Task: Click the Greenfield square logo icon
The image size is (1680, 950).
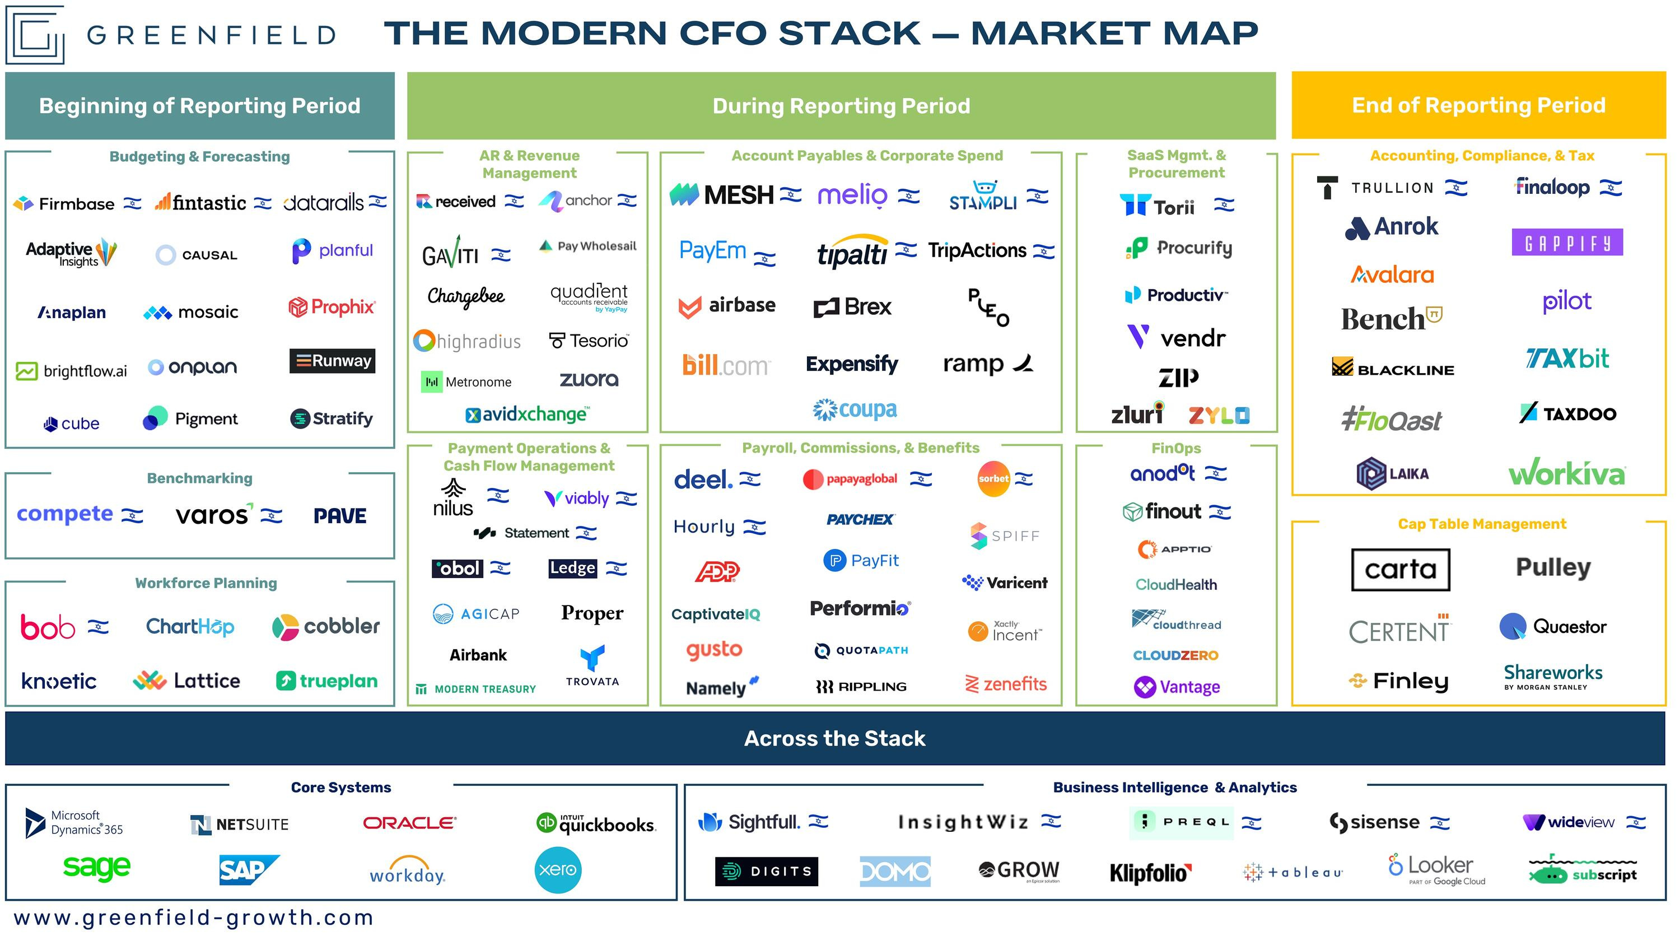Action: coord(35,34)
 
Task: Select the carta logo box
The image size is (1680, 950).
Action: coord(1400,570)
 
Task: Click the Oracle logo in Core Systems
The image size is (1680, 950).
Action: coord(409,823)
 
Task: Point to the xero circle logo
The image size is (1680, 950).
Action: coord(558,870)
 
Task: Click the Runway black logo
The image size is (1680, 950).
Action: coord(333,361)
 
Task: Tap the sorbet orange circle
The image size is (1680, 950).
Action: coord(993,479)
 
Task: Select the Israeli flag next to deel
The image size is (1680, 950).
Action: coord(750,479)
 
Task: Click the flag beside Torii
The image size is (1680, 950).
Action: coord(1224,205)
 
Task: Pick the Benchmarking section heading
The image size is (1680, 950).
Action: coord(199,478)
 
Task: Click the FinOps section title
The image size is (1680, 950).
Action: coord(1176,448)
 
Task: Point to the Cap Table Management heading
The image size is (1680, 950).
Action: coord(1482,524)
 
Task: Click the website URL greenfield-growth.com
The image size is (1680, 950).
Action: coord(194,918)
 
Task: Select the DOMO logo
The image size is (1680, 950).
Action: coord(895,871)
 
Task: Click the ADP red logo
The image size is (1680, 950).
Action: coord(717,571)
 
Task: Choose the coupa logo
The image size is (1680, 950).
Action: coord(855,410)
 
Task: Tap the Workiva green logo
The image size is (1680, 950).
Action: coord(1566,472)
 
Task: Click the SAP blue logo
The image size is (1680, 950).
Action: coord(248,870)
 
